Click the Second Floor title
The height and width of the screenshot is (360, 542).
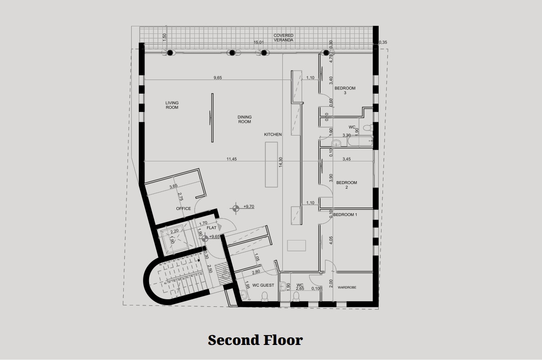255,340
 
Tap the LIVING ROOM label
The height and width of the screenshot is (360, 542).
172,105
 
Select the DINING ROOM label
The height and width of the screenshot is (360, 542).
244,119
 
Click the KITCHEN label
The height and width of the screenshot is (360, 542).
273,135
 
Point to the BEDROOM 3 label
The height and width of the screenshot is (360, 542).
345,90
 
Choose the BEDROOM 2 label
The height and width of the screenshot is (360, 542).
347,185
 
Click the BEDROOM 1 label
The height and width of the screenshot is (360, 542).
345,215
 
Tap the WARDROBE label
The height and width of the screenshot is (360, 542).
348,286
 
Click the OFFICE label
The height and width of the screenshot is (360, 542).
183,208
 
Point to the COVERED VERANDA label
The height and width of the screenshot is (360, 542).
284,38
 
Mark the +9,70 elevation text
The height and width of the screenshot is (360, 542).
249,207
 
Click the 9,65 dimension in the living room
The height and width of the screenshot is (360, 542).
217,78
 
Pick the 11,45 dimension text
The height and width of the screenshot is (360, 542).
231,159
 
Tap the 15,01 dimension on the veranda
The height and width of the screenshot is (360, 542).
259,42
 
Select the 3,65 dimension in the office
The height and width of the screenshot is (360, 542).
173,187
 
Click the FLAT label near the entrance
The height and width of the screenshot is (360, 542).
211,228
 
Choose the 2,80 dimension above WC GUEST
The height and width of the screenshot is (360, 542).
256,272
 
